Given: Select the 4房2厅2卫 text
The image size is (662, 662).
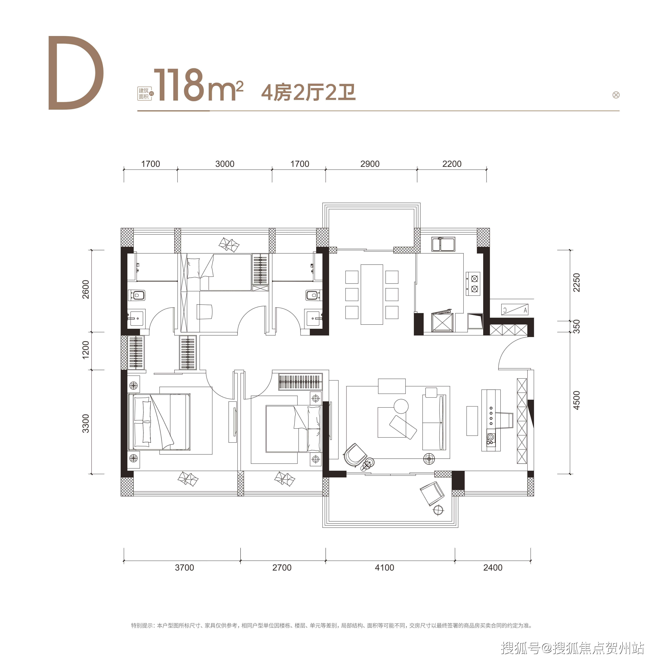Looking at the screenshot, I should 308,92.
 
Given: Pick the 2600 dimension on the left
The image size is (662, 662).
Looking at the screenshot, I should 86,290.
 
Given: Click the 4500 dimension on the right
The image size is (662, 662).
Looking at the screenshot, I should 577,400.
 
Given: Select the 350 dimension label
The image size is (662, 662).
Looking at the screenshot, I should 577,327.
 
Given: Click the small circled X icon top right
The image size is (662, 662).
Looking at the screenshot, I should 616,95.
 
